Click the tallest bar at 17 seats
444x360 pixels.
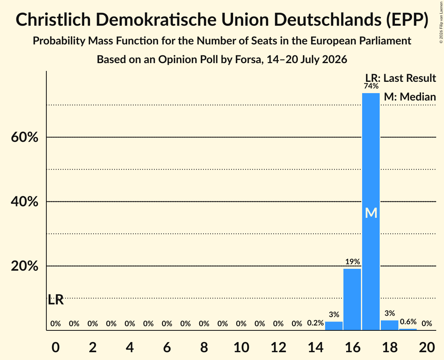click(x=371, y=212)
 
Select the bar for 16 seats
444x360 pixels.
click(x=352, y=299)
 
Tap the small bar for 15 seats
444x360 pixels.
click(x=334, y=326)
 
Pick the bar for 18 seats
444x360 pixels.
click(x=390, y=325)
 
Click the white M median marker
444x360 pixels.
click(x=371, y=213)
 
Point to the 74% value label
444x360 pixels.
click(x=371, y=86)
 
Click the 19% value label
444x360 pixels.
click(x=352, y=261)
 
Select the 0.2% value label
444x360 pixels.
click(x=315, y=323)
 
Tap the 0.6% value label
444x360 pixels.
click(x=408, y=322)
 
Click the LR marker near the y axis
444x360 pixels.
click(x=56, y=300)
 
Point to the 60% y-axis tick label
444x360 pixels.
click(x=25, y=138)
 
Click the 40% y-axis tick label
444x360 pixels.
click(x=25, y=202)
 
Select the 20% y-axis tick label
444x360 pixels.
click(x=25, y=266)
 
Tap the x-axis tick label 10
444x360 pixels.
click(x=241, y=348)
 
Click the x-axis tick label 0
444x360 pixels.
click(x=55, y=348)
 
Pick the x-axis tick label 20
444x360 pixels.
click(x=427, y=348)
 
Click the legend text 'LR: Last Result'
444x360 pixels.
click(x=401, y=78)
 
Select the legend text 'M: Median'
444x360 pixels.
click(x=410, y=97)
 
